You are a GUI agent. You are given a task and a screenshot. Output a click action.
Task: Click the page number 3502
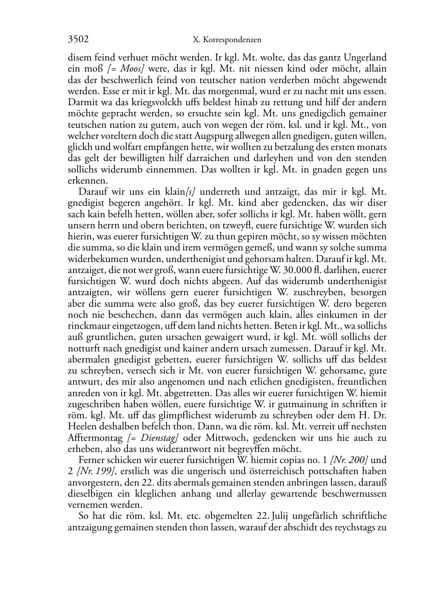78,40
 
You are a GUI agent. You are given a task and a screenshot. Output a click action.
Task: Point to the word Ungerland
365,58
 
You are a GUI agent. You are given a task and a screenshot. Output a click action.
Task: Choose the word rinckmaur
88,326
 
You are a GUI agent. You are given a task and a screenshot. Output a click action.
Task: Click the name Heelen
81,426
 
